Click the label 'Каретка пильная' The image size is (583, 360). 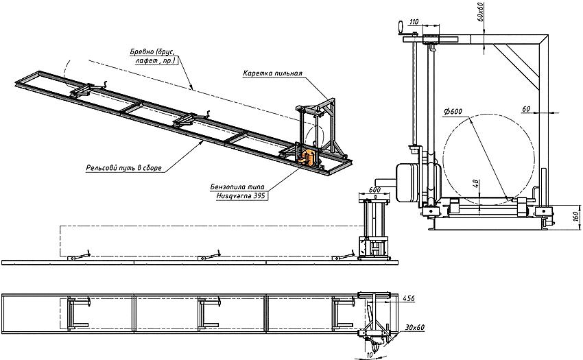point(273,73)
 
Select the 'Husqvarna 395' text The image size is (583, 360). point(238,195)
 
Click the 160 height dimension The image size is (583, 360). point(576,217)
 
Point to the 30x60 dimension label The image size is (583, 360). point(414,328)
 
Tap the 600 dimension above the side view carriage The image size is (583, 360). point(374,191)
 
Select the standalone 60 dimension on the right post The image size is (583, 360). point(526,109)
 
